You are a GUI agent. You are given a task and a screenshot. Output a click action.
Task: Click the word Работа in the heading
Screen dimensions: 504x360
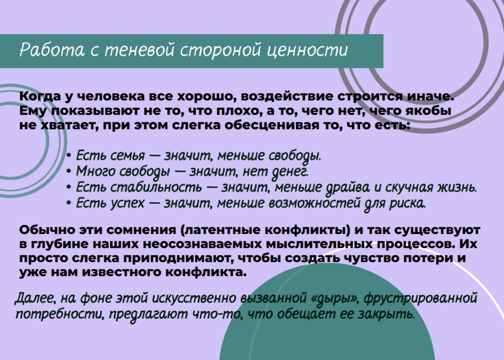pos(52,50)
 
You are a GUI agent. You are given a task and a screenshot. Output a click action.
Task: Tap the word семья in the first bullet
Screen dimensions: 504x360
pos(127,156)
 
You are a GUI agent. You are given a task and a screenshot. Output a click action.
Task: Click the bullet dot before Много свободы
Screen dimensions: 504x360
pos(68,171)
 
